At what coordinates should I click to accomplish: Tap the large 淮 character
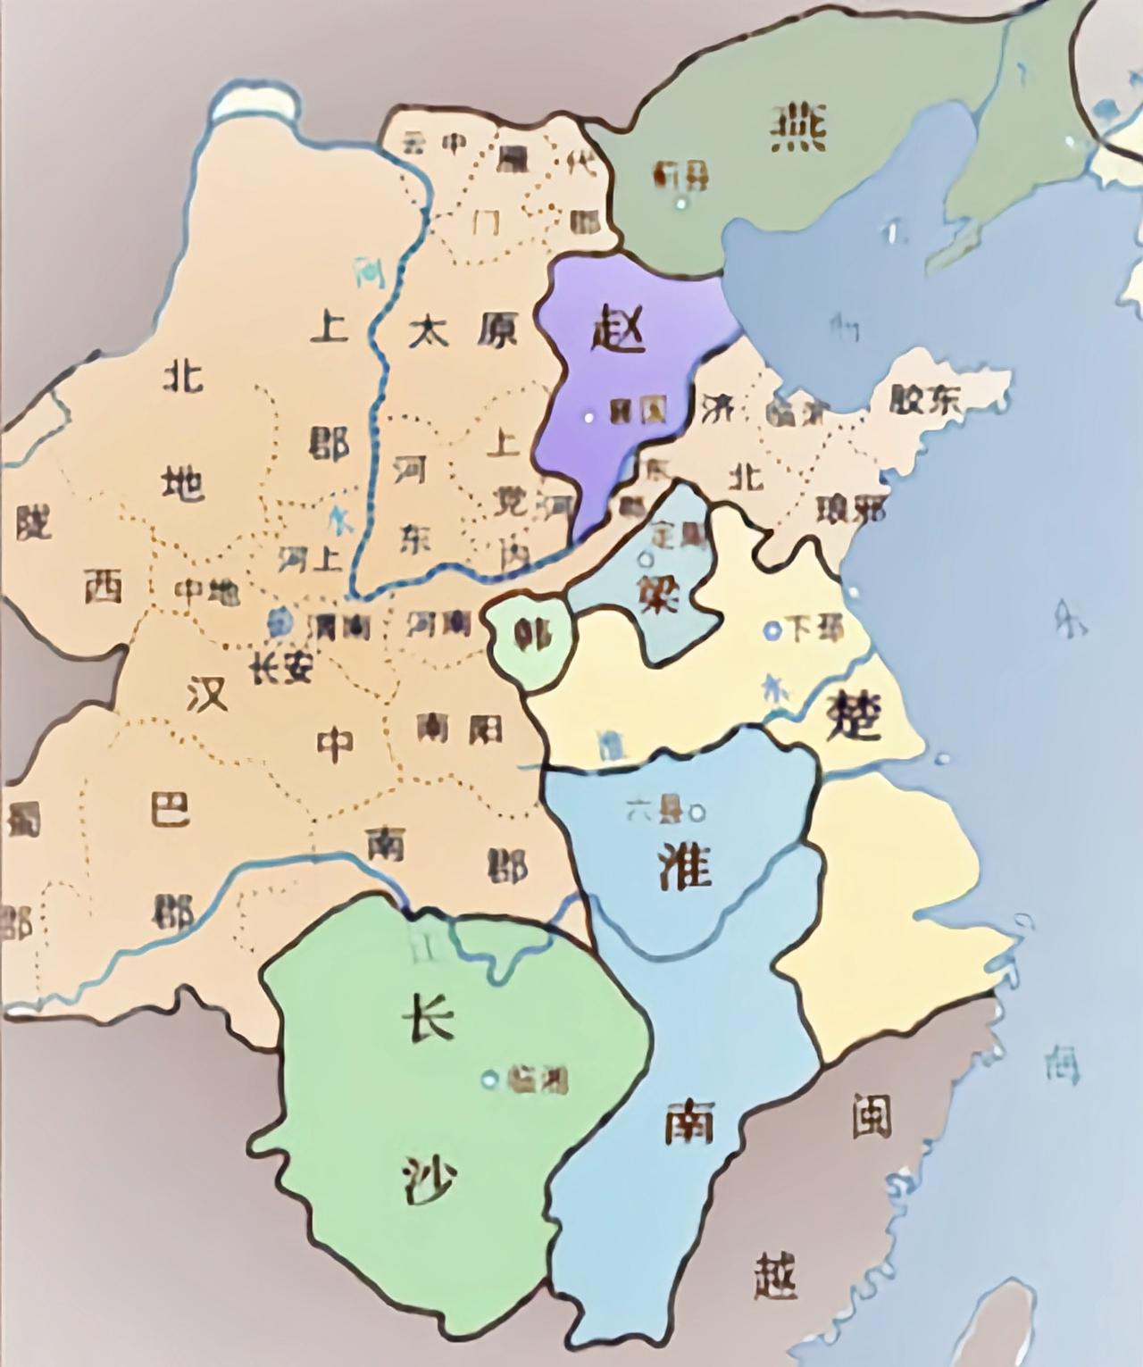click(x=684, y=864)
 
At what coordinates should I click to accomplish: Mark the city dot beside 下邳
click(x=771, y=630)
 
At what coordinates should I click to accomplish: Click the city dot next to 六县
click(x=697, y=813)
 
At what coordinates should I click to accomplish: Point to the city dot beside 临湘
click(x=488, y=1079)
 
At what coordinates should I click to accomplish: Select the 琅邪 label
click(x=850, y=508)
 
